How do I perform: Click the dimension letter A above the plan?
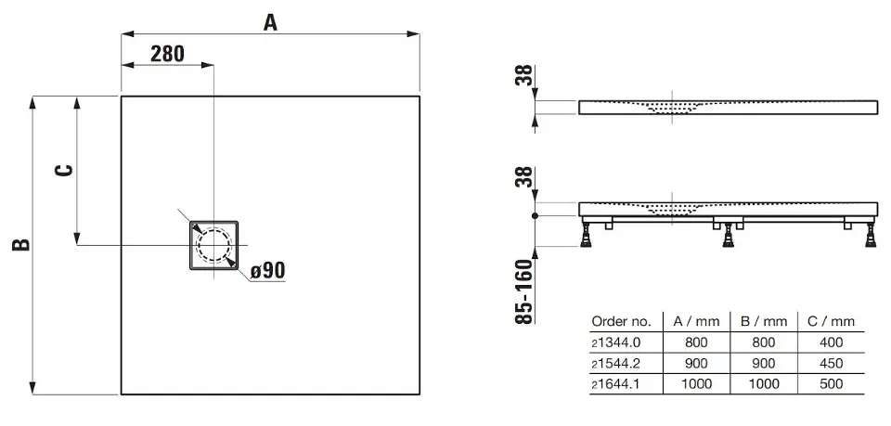coord(270,22)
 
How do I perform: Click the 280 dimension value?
coord(168,54)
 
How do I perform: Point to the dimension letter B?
coord(21,244)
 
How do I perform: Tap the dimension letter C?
coord(66,170)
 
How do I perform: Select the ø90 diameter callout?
coord(267,270)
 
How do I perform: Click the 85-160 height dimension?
coord(526,291)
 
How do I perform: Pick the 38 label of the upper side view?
coord(526,75)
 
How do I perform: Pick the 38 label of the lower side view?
coord(526,177)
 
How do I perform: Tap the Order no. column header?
coord(621,321)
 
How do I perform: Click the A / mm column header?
coord(696,321)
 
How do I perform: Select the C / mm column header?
coord(832,321)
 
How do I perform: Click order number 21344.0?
coord(616,342)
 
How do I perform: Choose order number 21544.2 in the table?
coord(616,363)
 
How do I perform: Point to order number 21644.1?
coord(616,384)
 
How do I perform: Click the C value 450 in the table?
coord(832,363)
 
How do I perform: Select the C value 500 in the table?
coord(832,384)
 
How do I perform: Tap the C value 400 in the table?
coord(832,342)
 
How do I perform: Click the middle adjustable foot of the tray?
coord(728,235)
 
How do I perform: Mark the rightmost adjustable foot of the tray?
coord(870,235)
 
